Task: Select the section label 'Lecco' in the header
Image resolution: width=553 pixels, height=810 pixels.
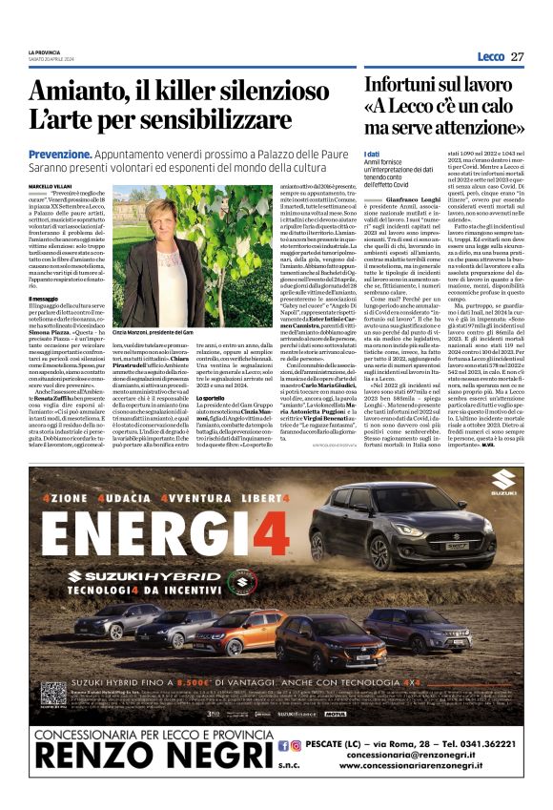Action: (x=488, y=57)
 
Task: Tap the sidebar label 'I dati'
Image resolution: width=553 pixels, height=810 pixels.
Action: (x=373, y=155)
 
